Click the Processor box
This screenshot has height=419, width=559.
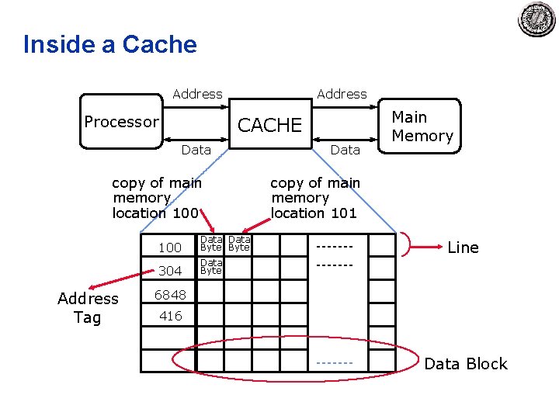tap(122, 121)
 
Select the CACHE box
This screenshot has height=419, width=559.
tap(270, 123)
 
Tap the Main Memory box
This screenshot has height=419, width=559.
tap(419, 126)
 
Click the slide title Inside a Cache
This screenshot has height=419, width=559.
tap(110, 44)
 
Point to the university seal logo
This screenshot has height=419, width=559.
tap(536, 19)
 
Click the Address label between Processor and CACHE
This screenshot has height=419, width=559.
tap(197, 94)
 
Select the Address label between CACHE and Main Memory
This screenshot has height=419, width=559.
tap(342, 94)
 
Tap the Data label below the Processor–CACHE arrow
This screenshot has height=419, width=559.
tap(196, 150)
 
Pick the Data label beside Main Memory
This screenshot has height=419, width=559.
tap(345, 150)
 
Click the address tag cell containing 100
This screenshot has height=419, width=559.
tap(168, 244)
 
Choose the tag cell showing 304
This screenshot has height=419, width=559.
tap(168, 268)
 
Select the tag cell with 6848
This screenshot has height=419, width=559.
tap(168, 292)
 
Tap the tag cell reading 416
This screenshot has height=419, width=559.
tap(168, 314)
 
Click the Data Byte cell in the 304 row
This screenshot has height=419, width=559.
tap(210, 267)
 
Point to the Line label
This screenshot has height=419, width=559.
tap(463, 248)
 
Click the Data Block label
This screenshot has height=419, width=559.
tap(466, 364)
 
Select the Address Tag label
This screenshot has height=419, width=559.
tap(88, 308)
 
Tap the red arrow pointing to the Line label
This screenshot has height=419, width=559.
tap(426, 247)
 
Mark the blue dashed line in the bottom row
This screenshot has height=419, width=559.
tap(335, 363)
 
